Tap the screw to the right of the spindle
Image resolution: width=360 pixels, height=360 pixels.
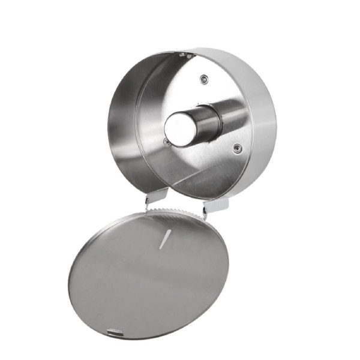239,148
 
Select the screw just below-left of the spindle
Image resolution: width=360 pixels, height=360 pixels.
167,142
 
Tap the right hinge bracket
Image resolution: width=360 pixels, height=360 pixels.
215,206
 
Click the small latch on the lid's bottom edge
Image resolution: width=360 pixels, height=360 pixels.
113,331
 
